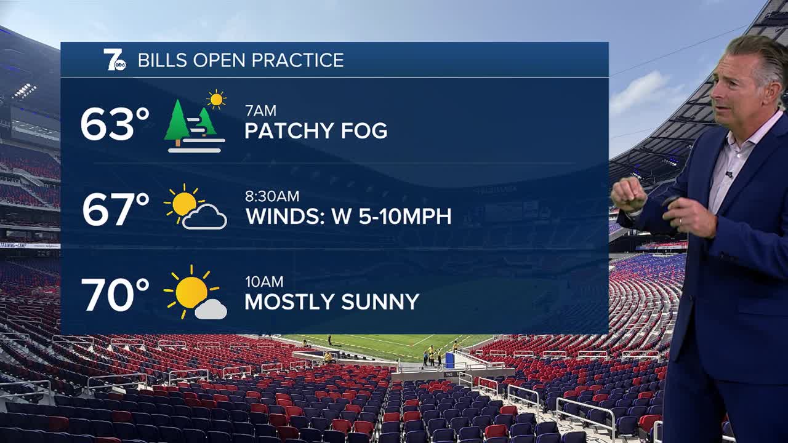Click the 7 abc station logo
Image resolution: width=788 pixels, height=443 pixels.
pos(115,60)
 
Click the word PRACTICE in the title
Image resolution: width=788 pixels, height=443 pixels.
pos(297,60)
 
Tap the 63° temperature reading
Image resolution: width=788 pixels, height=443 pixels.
pos(115,124)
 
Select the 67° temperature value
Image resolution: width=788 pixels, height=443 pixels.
pos(116,210)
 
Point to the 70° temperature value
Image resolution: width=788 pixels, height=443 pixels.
pos(115,295)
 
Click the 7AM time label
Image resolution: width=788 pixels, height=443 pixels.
pos(260,111)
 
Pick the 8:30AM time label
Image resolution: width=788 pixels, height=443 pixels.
pos(272,196)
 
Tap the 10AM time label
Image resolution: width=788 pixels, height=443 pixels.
pos(264,282)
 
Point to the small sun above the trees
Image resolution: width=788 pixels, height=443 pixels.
pos(216,99)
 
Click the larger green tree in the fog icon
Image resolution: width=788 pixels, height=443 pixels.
pos(177,121)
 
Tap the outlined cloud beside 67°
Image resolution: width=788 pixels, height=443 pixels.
pos(205,218)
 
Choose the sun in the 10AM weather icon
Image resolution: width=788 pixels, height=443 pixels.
pos(190,292)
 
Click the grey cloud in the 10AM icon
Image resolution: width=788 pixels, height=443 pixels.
pos(211,309)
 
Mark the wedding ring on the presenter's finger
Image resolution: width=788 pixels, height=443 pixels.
pos(680,221)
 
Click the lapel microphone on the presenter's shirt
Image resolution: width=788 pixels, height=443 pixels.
pos(730,174)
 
